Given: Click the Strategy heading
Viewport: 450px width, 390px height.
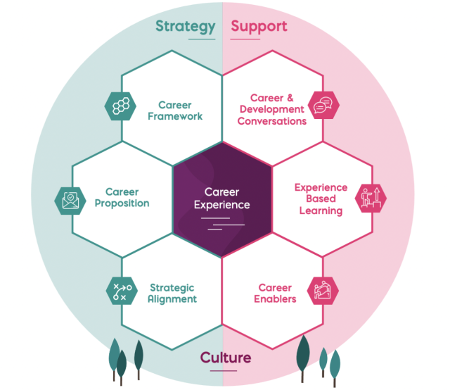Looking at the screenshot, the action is tap(186, 27).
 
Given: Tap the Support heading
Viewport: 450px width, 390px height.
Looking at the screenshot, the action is tap(259, 27).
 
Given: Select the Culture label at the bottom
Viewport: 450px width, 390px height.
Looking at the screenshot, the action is tap(226, 358).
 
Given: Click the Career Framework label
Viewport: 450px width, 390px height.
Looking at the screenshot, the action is tap(175, 111).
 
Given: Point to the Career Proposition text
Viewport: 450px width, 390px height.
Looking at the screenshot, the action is tap(122, 197).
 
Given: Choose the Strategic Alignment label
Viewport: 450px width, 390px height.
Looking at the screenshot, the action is tap(172, 294).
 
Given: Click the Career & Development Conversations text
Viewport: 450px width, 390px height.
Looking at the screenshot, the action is tap(272, 110).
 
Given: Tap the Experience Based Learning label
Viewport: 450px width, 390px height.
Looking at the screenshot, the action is tap(321, 199).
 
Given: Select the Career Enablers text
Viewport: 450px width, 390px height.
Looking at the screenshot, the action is tap(275, 294).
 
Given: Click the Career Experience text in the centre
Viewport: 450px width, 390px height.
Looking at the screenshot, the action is tap(222, 199).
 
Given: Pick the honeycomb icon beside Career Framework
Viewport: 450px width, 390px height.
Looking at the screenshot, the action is tap(120, 106).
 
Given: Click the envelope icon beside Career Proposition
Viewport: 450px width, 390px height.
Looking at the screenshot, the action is tap(70, 201).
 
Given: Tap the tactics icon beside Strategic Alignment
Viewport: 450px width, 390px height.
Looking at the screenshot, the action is tap(122, 291).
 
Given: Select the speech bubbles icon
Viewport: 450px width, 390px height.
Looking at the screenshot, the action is tap(323, 105).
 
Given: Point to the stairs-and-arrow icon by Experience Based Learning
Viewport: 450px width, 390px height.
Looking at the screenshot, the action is tap(371, 199).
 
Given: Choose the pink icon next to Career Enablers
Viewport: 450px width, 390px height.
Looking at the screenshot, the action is tap(323, 291).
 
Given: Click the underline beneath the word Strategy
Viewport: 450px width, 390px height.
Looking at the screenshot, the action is tap(202, 39).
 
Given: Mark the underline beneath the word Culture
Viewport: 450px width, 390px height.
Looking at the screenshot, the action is tap(224, 371).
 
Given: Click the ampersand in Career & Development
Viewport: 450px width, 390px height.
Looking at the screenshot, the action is tap(290, 98).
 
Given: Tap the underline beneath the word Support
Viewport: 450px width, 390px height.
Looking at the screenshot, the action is tap(245, 39).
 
